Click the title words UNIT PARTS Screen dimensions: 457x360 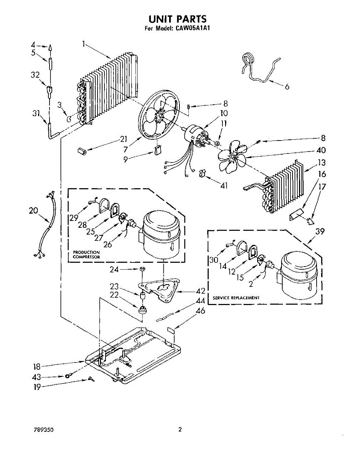pos(177,19)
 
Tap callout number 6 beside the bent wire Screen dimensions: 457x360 pos(286,87)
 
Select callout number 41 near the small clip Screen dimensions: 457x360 pos(224,185)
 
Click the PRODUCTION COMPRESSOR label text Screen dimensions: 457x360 pos(86,254)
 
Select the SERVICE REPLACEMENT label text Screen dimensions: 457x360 pos(236,297)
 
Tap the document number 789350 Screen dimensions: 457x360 pos(43,430)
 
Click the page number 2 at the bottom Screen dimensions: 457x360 pos(180,430)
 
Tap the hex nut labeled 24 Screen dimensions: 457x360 pos(142,269)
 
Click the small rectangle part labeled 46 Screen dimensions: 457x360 pos(171,330)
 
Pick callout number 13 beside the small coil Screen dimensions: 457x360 pos(322,163)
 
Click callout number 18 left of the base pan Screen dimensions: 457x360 pos(37,367)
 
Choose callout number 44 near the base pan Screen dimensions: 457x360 pos(200,301)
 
